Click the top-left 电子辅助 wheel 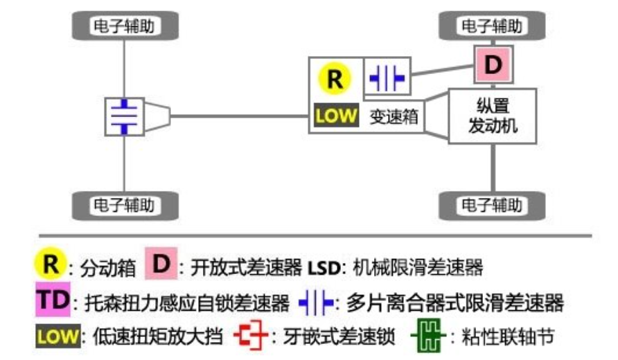[x=124, y=26]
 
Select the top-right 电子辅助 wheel [x=493, y=26]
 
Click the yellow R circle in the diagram [x=335, y=80]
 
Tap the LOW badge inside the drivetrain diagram [x=335, y=115]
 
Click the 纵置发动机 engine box [x=493, y=116]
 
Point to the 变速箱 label [x=392, y=116]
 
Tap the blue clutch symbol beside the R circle [x=387, y=78]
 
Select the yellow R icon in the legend [x=50, y=264]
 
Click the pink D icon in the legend [x=161, y=265]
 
